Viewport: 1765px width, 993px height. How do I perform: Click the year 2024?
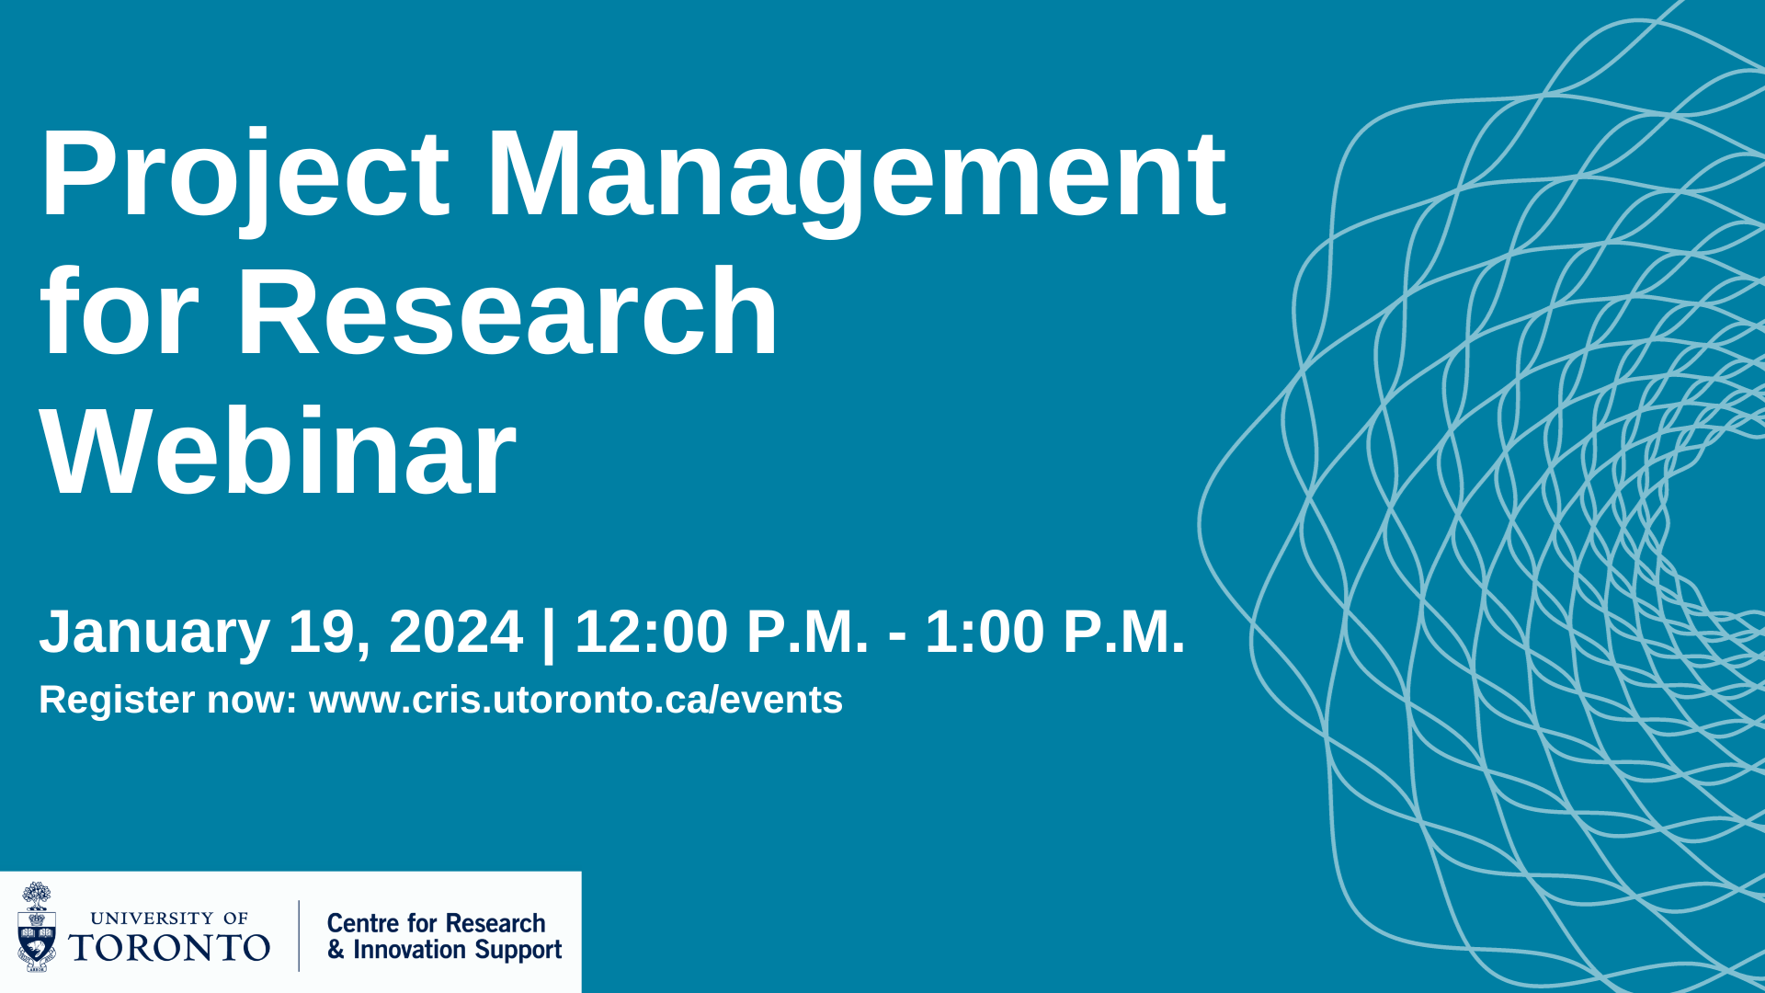456,632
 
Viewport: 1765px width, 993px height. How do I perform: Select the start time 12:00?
651,632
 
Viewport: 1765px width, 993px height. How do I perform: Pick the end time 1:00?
985,632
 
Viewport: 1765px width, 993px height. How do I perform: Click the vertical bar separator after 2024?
549,634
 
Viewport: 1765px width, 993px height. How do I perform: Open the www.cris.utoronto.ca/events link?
575,700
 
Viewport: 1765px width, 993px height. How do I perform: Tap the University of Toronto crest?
37,927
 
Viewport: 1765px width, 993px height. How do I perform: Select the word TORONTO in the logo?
169,948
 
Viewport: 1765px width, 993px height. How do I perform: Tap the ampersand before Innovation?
336,950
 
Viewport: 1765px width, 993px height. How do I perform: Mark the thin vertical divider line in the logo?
299,935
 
